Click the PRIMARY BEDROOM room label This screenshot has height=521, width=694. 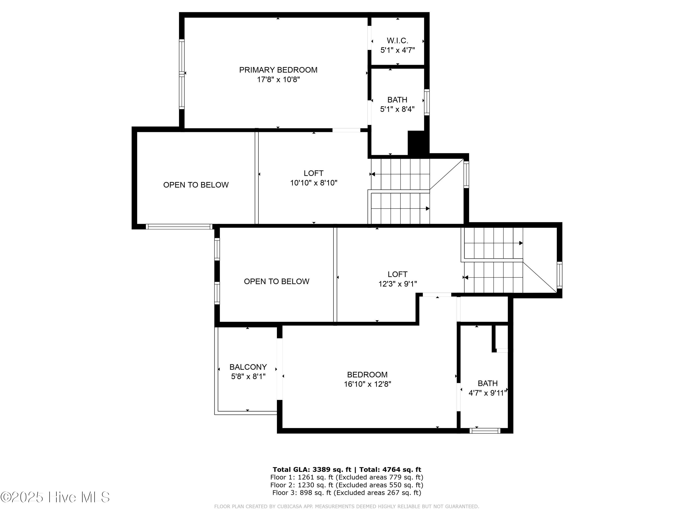coord(278,70)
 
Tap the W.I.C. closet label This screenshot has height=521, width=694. coord(397,41)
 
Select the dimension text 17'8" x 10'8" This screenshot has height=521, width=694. coord(278,79)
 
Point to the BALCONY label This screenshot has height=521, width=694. coord(248,367)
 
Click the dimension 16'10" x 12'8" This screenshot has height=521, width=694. coord(367,384)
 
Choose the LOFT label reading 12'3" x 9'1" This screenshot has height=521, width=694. coord(397,274)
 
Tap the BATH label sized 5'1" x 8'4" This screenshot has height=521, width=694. coord(397,100)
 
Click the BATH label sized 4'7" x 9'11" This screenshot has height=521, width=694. coord(488,383)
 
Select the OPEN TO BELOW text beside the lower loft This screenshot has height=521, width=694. coord(276,281)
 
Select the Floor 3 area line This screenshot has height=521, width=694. coord(347,493)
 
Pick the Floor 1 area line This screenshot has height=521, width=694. coord(347,477)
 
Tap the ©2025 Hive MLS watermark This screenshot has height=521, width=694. coord(55,497)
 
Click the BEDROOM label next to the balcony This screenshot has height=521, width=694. coord(367,374)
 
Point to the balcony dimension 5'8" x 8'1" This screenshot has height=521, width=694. coord(248,376)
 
